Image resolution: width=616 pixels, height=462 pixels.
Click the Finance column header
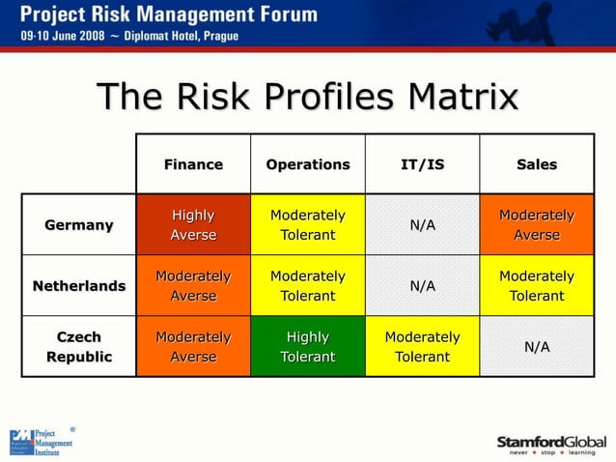193,164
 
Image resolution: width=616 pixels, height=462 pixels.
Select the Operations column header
308,164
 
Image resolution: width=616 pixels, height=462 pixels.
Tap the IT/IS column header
422,164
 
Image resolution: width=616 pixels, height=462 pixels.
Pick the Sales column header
536,164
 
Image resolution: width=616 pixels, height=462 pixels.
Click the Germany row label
79,225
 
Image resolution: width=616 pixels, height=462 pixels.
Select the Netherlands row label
79,286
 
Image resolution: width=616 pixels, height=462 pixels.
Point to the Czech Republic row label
79,347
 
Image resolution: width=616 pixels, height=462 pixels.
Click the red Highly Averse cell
193,225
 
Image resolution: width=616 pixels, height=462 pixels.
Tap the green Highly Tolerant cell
308,347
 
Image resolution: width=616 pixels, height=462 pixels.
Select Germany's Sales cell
536,225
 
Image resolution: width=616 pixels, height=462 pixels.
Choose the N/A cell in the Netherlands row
422,286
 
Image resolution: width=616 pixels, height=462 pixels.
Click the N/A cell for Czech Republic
536,347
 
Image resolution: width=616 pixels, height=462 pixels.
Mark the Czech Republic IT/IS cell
422,347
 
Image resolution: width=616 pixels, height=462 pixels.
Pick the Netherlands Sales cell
536,286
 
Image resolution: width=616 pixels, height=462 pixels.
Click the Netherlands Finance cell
193,286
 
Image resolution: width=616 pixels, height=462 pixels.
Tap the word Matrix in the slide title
462,98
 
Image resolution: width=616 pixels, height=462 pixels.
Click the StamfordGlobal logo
551,445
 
